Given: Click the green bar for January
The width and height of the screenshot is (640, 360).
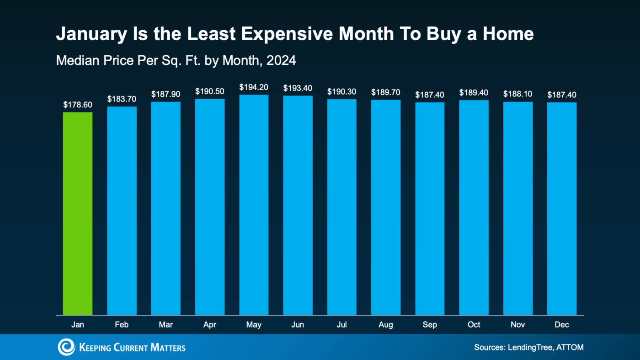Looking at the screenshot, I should point(78,213).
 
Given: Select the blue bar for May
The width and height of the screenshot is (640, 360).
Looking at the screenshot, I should point(254,205).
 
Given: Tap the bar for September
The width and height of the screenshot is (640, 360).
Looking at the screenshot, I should point(430,208).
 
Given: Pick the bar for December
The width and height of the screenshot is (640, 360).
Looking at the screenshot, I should point(562,208).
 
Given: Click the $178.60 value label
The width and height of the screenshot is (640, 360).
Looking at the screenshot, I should point(78,105).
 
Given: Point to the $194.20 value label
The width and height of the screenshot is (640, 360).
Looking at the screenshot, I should point(254,87).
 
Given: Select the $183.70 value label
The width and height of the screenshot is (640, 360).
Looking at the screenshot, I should point(122,99).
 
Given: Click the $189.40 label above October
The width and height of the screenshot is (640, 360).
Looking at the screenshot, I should point(474,93).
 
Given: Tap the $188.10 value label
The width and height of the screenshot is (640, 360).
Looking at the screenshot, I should point(518,94).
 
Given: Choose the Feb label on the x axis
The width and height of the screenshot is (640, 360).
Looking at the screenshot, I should point(122,325).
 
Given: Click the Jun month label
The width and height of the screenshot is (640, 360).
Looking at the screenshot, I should point(298,325).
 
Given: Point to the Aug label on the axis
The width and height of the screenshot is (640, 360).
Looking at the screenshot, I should point(386,325).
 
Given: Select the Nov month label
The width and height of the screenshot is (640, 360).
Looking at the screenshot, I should point(518,325).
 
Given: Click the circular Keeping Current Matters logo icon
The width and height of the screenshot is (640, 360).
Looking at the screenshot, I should point(66,347).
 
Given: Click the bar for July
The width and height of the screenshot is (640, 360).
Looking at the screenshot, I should point(342,207).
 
